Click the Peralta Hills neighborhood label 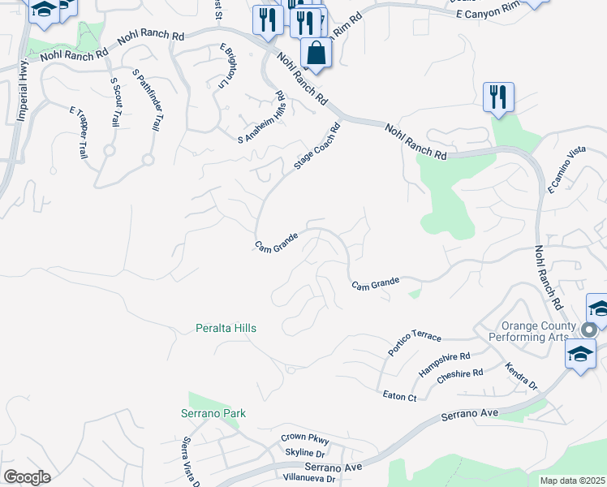click(x=226, y=328)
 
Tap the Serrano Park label click(x=213, y=413)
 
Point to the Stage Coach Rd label click(x=316, y=147)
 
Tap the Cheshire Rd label click(x=459, y=378)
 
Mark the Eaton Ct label click(x=399, y=396)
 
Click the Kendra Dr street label click(x=521, y=376)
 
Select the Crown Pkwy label click(x=303, y=437)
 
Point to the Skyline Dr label click(x=305, y=452)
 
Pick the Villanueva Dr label click(x=308, y=479)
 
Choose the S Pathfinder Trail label click(x=147, y=102)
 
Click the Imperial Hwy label click(x=23, y=90)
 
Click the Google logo click(x=27, y=476)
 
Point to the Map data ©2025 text click(x=571, y=481)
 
